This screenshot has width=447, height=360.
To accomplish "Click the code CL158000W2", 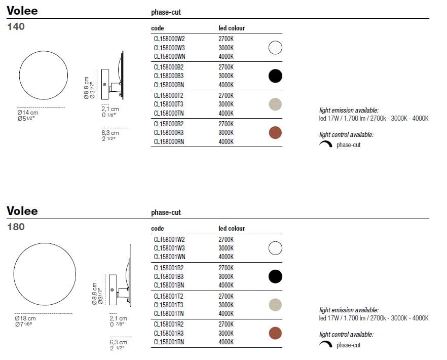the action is tap(169, 39).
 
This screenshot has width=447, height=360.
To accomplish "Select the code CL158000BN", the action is tap(169, 85).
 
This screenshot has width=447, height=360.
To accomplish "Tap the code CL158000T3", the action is tap(168, 104).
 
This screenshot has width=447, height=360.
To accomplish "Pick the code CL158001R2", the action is tap(168, 325).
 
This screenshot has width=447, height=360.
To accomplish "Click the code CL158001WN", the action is tap(169, 257).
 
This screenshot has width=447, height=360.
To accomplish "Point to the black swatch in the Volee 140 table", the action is tap(275, 76).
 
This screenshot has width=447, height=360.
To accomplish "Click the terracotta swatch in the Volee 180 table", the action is tap(275, 333).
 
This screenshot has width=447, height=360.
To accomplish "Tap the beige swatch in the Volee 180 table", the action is tap(275, 305).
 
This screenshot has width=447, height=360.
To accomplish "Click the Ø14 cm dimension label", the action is tap(28, 113).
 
